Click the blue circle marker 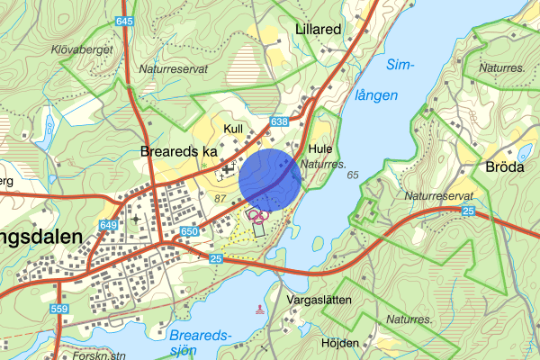pyautogui.click(x=270, y=178)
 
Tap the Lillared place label pyautogui.click(x=318, y=29)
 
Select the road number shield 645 pyautogui.click(x=124, y=21)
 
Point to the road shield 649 pyautogui.click(x=110, y=224)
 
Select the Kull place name pyautogui.click(x=233, y=130)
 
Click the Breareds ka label pyautogui.click(x=179, y=152)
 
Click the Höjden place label pyautogui.click(x=339, y=343)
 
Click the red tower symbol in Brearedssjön pyautogui.click(x=261, y=310)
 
